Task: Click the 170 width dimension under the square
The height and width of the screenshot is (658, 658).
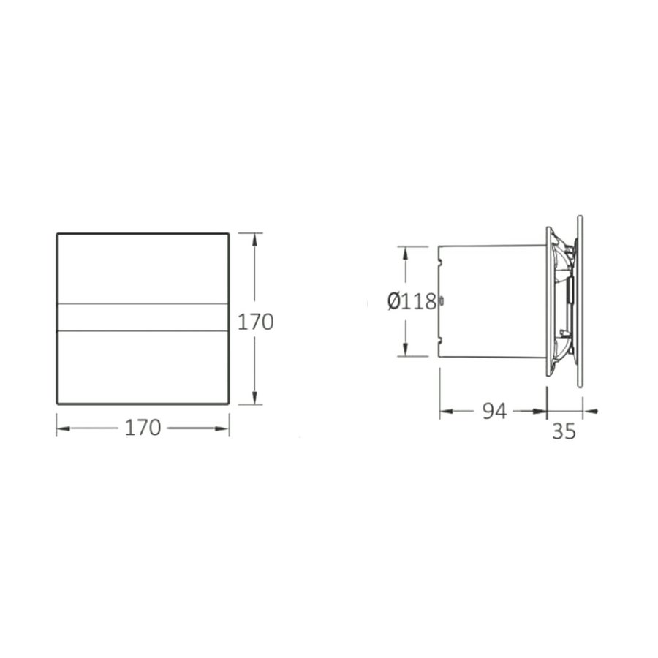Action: click(143, 428)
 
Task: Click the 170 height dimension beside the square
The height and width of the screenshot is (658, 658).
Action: click(256, 322)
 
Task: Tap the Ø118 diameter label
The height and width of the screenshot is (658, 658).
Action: click(412, 301)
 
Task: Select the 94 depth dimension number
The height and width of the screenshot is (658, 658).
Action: click(494, 412)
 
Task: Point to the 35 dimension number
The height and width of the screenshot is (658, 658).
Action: click(564, 431)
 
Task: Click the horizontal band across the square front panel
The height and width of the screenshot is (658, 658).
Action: click(143, 317)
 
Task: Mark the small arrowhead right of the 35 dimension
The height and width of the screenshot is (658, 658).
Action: click(594, 412)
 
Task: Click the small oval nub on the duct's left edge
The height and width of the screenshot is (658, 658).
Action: click(441, 300)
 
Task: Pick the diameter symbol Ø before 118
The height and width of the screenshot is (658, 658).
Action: click(394, 301)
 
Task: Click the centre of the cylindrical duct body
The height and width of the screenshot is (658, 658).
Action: click(492, 301)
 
